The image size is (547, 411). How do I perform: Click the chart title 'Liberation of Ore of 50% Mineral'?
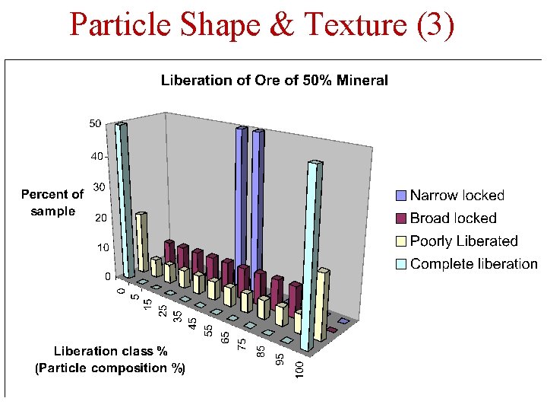click(x=274, y=80)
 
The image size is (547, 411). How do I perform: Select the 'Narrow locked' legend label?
click(x=457, y=196)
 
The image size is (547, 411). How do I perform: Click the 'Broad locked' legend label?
click(x=453, y=218)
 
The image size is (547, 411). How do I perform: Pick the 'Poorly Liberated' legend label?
click(x=463, y=241)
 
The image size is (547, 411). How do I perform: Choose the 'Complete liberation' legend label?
click(x=473, y=264)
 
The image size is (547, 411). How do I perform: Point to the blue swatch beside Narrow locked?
click(x=401, y=196)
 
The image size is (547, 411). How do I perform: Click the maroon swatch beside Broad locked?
click(x=401, y=219)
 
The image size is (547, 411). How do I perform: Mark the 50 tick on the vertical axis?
click(x=96, y=123)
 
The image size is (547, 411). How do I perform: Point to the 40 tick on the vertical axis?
click(x=96, y=156)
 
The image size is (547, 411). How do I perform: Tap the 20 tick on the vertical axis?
click(x=98, y=218)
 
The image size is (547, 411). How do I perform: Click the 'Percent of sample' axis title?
click(x=52, y=202)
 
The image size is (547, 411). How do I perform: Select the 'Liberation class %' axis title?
click(x=110, y=351)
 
